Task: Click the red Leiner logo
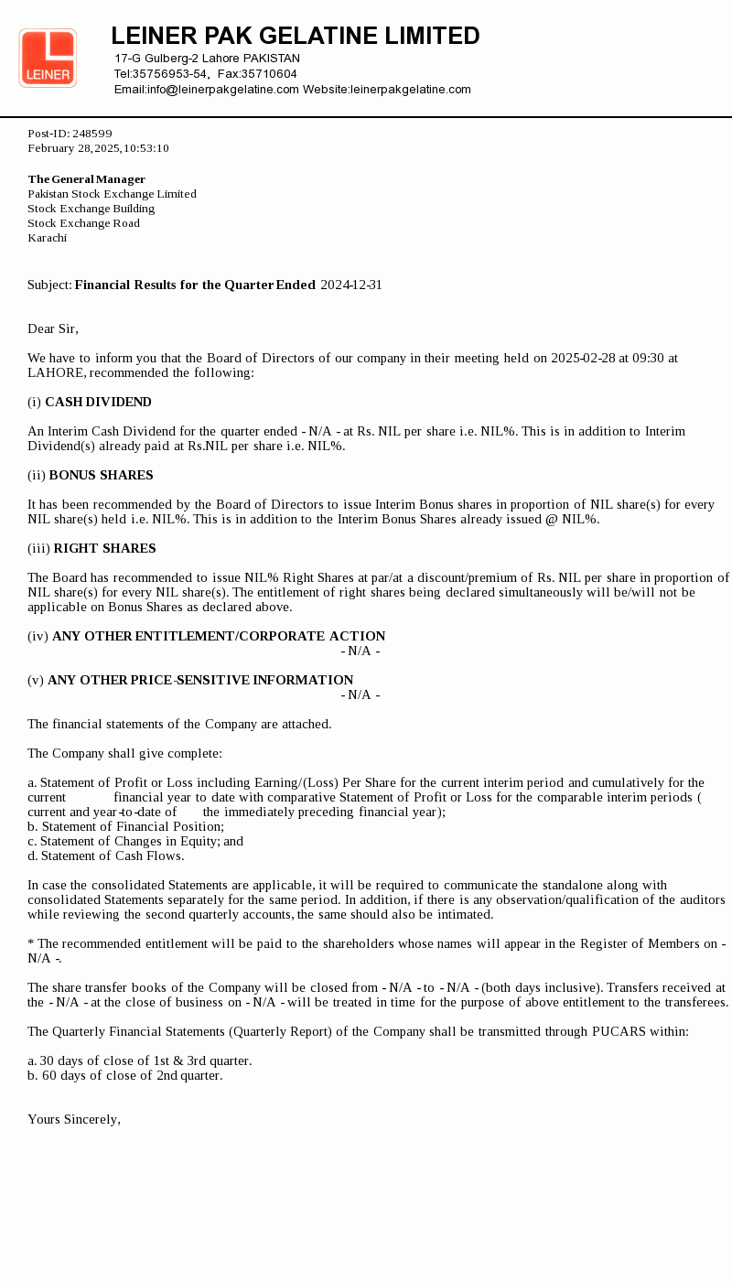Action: (x=48, y=58)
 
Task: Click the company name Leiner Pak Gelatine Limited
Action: (x=296, y=36)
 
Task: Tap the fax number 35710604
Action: (x=269, y=74)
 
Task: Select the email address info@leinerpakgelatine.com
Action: (x=223, y=90)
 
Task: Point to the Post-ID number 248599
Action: (x=92, y=134)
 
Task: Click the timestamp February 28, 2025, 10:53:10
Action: (x=98, y=148)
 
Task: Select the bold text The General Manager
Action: (x=87, y=179)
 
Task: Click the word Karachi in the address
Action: (x=48, y=238)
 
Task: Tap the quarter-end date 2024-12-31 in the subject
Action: (x=351, y=285)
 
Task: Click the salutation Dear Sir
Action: (x=53, y=328)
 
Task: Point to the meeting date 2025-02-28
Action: (x=583, y=358)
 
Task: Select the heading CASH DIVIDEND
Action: (x=98, y=402)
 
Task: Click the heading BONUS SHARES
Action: (x=101, y=475)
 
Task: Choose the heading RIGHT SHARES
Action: (x=104, y=548)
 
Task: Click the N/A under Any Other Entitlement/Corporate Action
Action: (x=361, y=651)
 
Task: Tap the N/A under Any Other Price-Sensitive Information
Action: (x=361, y=694)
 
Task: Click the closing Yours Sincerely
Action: (x=74, y=1119)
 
